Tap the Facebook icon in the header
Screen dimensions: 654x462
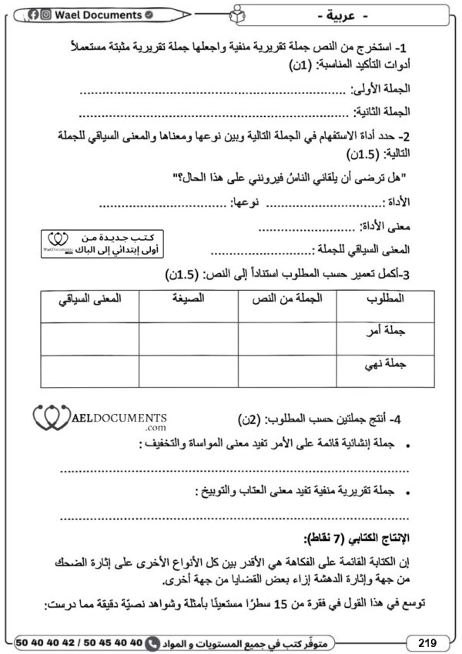tap(35, 15)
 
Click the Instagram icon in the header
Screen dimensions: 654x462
tap(46, 15)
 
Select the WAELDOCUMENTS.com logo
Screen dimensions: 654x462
tap(100, 419)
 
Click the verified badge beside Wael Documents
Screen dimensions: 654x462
tap(149, 15)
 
